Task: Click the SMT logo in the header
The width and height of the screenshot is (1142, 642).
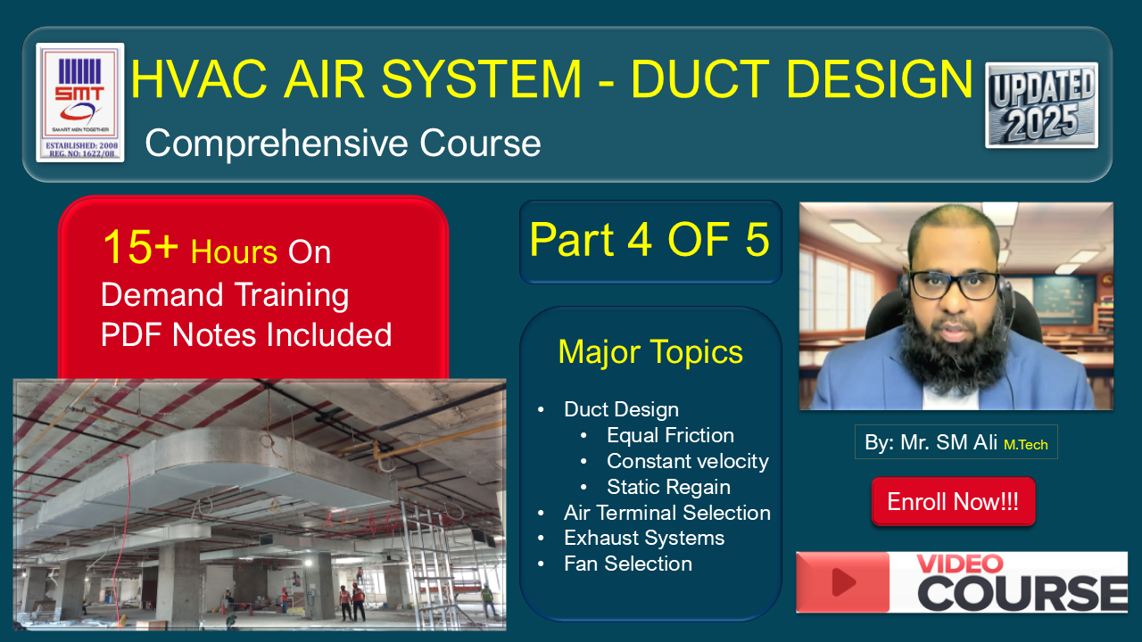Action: coord(80,103)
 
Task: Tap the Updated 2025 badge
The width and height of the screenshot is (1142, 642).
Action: coord(1041,105)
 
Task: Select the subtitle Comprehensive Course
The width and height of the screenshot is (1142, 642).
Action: coord(343,143)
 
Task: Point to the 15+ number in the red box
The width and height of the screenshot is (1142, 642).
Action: coord(141,247)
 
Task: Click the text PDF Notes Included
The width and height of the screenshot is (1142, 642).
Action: coord(246,334)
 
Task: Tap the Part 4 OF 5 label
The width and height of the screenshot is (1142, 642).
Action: coord(650,240)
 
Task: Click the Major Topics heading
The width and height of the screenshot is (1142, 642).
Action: coord(650,352)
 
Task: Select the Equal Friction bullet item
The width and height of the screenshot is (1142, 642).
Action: coord(670,435)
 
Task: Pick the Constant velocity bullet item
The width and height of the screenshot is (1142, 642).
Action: coord(688,461)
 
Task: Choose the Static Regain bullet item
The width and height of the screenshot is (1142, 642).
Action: coord(668,487)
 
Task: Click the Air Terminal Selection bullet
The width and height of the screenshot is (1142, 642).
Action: coord(666,513)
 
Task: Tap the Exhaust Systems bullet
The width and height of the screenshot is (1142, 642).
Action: coord(644,538)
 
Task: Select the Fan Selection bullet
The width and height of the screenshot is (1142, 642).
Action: coord(628,564)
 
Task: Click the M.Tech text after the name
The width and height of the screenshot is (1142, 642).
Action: coord(1026,445)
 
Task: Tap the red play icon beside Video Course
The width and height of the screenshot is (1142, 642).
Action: coord(843,582)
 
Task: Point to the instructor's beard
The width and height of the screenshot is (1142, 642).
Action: coord(952,351)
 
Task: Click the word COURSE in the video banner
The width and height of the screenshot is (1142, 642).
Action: coord(1022,594)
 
